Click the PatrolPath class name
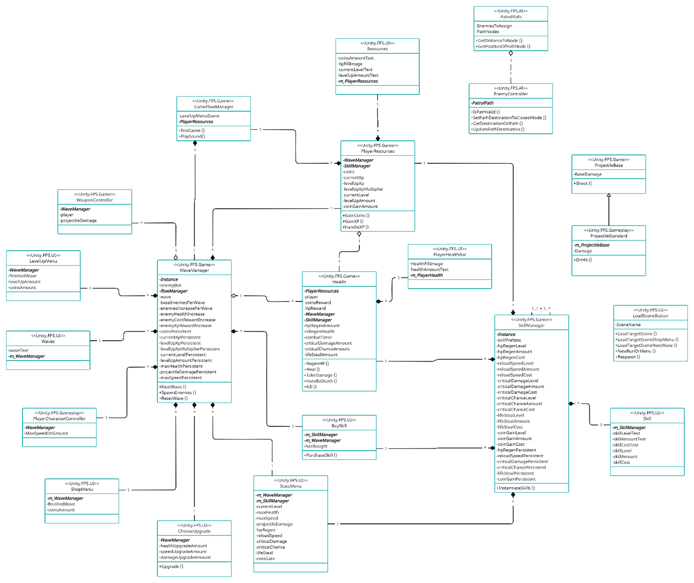click(510, 17)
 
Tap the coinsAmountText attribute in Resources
click(356, 58)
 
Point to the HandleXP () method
click(356, 227)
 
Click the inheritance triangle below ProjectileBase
click(609, 195)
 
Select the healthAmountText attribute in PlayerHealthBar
click(429, 269)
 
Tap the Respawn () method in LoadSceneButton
click(628, 357)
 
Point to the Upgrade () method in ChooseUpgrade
click(171, 566)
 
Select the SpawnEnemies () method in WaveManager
click(178, 393)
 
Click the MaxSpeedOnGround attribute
click(47, 433)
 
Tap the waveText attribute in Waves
click(19, 350)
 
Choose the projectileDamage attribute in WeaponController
click(79, 220)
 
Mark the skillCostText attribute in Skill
click(626, 445)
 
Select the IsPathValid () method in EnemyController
click(486, 112)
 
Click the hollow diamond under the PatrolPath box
click(511, 53)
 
